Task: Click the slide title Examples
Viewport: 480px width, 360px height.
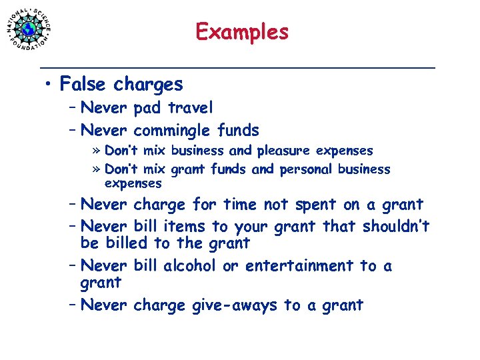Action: point(242,31)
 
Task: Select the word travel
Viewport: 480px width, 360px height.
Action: point(192,107)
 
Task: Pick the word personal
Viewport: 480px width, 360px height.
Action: point(307,169)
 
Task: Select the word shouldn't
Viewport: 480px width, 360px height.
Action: point(396,227)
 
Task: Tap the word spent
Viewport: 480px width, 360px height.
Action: point(313,205)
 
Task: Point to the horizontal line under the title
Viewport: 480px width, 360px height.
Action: point(237,67)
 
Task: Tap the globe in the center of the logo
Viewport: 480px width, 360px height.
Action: point(28,29)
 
